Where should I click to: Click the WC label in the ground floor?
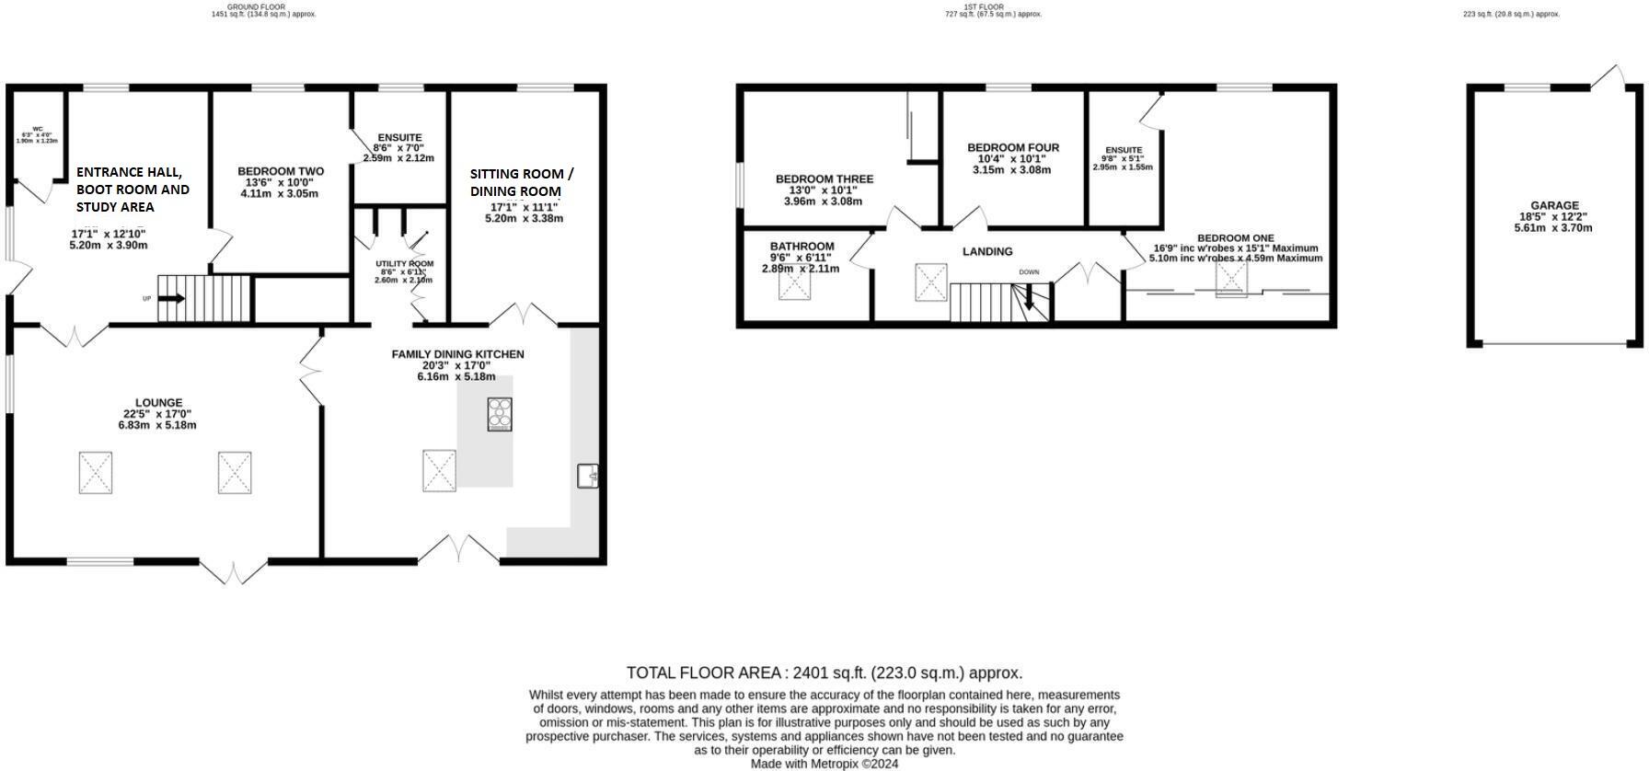point(38,129)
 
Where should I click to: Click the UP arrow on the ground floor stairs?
point(171,298)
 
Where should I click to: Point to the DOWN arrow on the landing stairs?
point(1029,295)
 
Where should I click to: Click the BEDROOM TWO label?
point(281,171)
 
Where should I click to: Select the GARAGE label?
point(1554,205)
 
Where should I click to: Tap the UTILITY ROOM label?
point(404,264)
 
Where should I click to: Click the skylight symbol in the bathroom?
point(794,284)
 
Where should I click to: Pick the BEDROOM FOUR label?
point(1012,147)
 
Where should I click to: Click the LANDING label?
point(987,251)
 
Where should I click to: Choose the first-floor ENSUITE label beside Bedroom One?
point(1123,150)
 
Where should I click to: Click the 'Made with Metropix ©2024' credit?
point(824,764)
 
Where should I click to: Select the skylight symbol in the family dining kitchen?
point(439,470)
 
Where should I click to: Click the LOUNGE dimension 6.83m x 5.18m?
point(157,425)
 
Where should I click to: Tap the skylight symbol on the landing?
point(930,282)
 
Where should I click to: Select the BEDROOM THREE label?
point(824,178)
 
